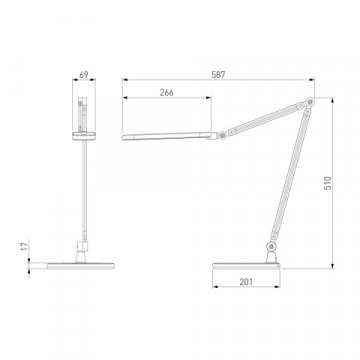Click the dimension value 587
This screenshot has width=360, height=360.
218,75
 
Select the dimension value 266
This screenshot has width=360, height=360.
167,93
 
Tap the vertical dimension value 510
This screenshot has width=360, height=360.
328,183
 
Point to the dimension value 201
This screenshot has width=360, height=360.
246,282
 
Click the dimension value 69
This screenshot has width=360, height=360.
84,75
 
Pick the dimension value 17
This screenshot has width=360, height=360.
24,247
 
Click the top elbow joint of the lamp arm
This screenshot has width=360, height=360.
310,101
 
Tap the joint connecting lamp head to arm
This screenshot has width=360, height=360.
222,135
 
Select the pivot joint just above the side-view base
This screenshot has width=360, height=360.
272,247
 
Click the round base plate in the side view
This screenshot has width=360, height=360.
246,266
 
